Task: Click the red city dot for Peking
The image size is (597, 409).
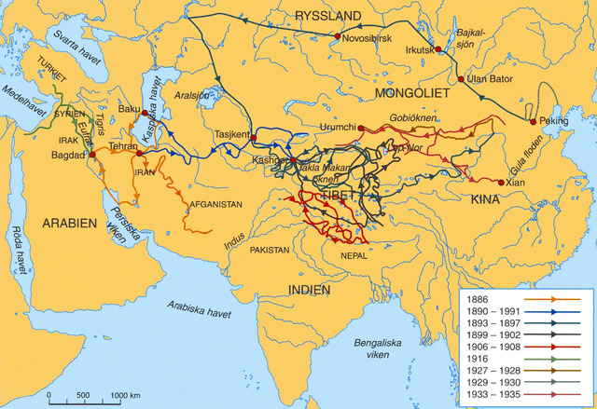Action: [533, 122]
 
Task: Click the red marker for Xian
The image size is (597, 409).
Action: [500, 183]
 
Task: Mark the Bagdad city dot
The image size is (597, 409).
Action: [92, 155]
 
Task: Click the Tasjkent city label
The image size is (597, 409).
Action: [232, 133]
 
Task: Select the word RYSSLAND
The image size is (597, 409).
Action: [327, 16]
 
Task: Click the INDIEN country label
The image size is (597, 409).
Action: [309, 290]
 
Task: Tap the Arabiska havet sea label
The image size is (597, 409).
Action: [199, 310]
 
